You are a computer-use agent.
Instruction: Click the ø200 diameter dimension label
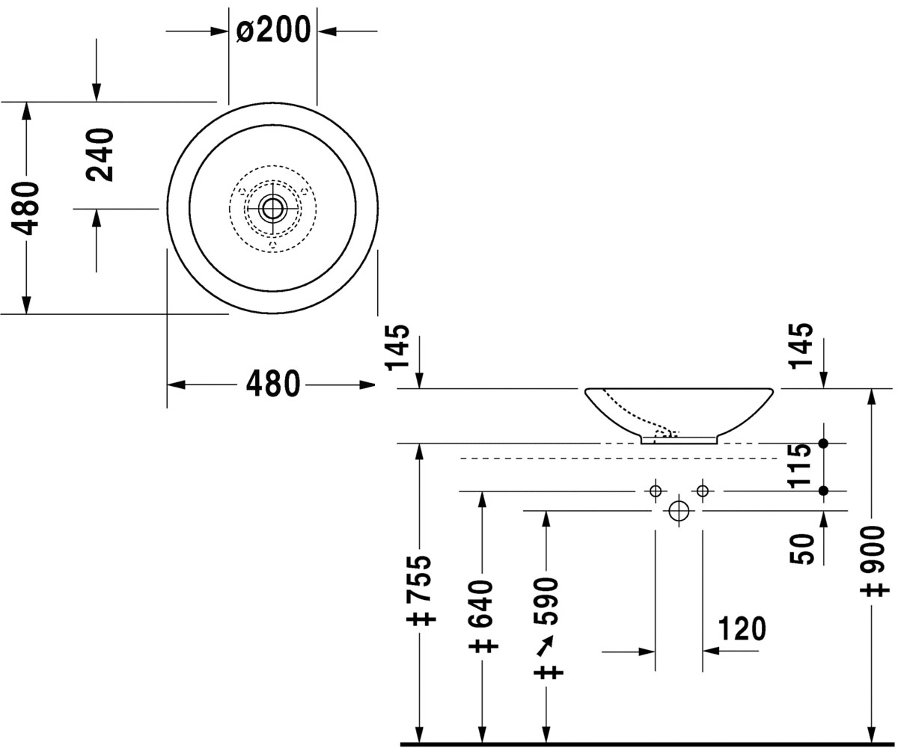[274, 29]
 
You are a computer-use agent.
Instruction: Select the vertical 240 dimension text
[100, 155]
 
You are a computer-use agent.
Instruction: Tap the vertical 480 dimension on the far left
[25, 209]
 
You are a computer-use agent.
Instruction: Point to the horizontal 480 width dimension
[273, 384]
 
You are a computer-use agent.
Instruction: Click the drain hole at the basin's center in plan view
[272, 209]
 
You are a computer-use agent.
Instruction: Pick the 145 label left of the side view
[397, 347]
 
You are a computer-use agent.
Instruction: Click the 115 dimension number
[800, 466]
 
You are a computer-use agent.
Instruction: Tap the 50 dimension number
[801, 548]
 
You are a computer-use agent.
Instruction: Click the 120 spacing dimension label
[742, 628]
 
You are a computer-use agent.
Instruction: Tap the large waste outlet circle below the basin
[679, 511]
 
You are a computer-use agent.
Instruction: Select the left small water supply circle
[656, 491]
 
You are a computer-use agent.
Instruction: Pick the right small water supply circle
[703, 491]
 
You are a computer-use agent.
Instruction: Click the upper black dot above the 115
[823, 444]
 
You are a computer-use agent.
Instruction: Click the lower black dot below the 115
[823, 491]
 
